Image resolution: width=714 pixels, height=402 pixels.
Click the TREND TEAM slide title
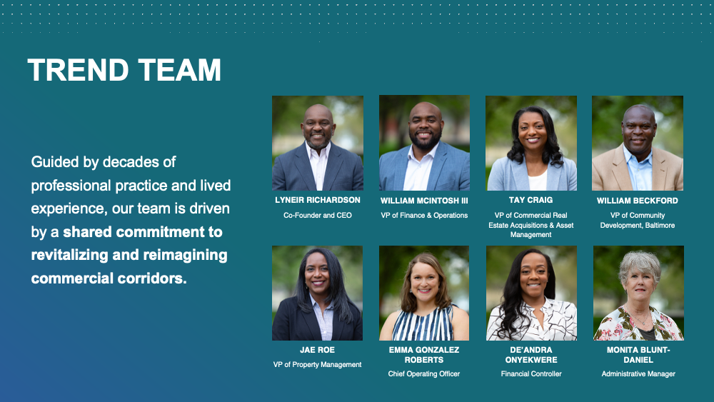click(124, 70)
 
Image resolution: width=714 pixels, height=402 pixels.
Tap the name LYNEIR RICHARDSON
click(318, 200)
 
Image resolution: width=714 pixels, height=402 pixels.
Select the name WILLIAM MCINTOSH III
click(424, 201)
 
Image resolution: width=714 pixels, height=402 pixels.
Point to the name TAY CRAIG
click(531, 200)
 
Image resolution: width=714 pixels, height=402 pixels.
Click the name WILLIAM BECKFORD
click(637, 201)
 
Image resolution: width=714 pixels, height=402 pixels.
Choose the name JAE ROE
click(317, 350)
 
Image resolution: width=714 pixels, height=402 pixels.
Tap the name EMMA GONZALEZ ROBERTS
click(424, 355)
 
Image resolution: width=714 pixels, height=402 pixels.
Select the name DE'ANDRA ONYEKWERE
click(531, 355)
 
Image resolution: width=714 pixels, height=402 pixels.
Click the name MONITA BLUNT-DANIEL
click(638, 355)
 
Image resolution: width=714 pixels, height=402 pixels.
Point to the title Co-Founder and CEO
click(318, 216)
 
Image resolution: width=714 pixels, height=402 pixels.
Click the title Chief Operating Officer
click(424, 373)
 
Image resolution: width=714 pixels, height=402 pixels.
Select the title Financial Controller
click(531, 373)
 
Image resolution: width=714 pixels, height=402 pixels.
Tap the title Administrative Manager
click(638, 373)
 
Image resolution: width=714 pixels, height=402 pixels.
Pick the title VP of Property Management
click(317, 365)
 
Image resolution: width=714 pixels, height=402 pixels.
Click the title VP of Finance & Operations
click(424, 216)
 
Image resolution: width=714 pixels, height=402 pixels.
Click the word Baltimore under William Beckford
click(659, 226)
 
